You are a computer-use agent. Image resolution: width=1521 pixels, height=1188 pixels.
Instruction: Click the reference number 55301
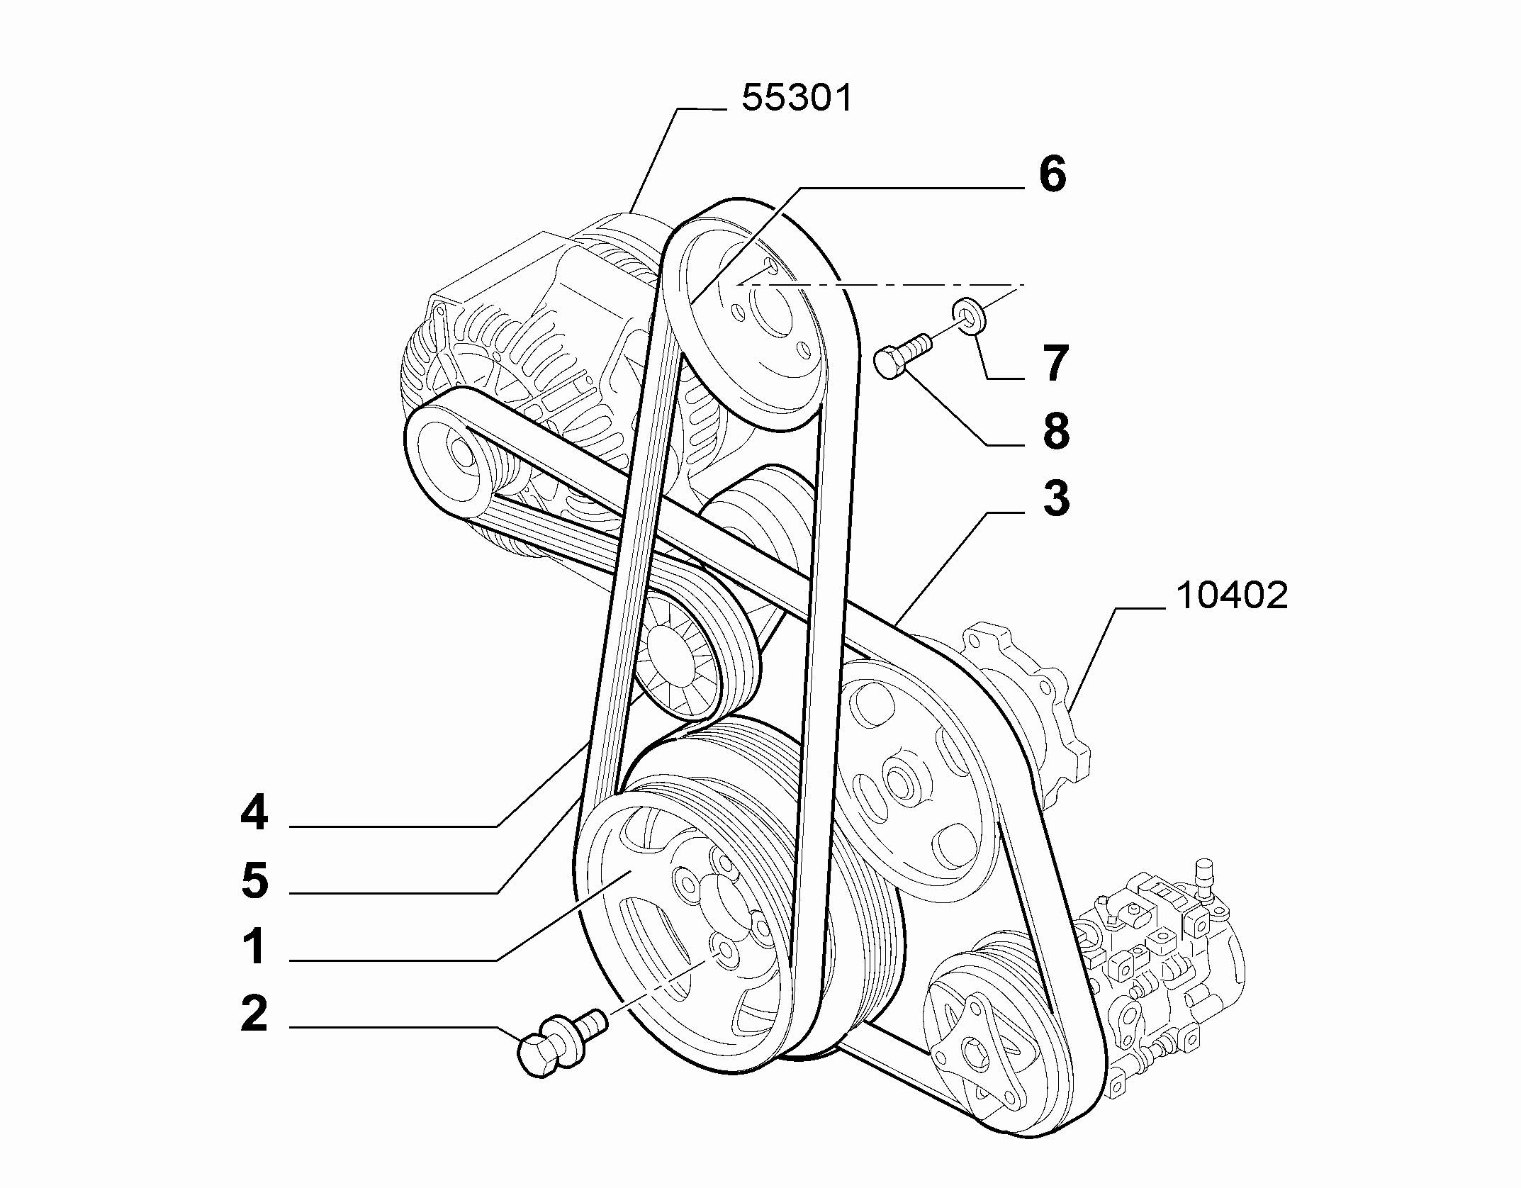[797, 99]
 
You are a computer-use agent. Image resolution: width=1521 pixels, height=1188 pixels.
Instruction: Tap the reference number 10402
[1232, 596]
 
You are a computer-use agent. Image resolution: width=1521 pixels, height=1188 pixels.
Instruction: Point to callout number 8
[1056, 431]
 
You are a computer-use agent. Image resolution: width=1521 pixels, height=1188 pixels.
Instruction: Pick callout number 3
[1056, 498]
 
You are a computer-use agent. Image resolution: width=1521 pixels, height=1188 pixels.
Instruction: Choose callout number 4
[254, 812]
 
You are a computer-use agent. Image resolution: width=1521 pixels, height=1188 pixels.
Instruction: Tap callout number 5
[254, 880]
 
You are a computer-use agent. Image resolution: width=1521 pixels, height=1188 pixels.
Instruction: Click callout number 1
[254, 948]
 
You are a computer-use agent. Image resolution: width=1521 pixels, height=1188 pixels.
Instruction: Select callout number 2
[254, 1015]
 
